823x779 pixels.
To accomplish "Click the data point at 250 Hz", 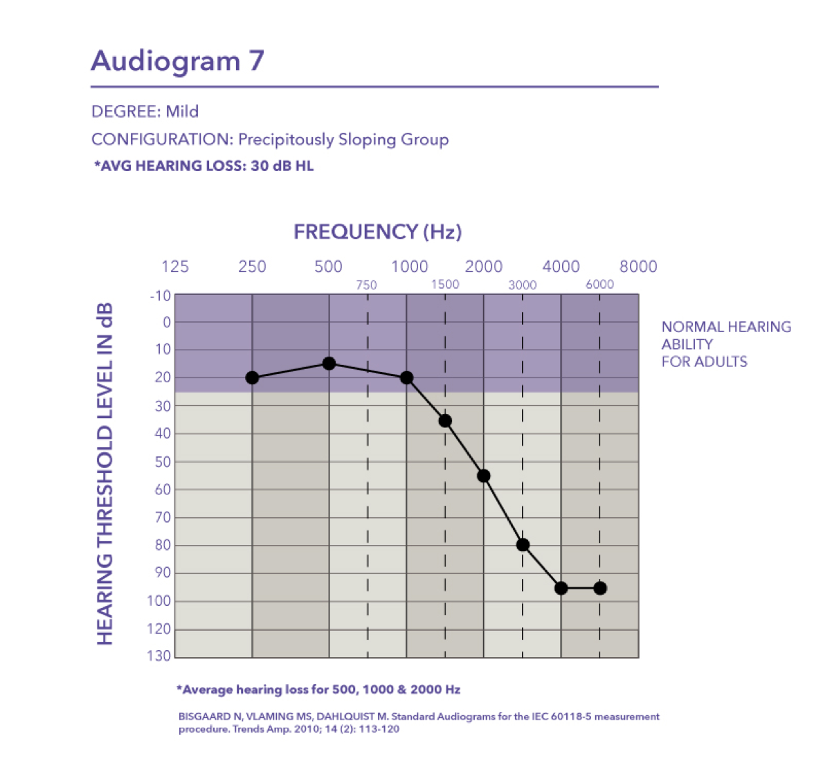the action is click(252, 377).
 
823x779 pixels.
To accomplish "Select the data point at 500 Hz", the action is click(329, 364).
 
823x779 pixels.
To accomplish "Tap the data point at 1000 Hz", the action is click(406, 377).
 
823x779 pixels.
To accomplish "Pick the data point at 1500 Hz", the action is click(445, 420).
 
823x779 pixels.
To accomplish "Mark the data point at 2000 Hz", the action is click(484, 476).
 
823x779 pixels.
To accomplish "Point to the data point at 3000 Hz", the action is click(523, 545).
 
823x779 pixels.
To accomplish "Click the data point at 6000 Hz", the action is click(600, 589).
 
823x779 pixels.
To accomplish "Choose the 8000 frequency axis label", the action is click(638, 267).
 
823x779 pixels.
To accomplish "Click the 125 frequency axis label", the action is click(175, 267).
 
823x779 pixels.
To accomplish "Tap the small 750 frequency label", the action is click(366, 285).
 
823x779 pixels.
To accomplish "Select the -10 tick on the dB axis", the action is click(161, 296).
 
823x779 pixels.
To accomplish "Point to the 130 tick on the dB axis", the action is click(160, 656).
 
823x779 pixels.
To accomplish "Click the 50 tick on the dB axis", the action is click(163, 462).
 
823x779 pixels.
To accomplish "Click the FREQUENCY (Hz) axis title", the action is click(378, 232).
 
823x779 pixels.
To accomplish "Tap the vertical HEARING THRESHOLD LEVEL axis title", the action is click(105, 474).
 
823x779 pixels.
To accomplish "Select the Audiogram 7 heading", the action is click(178, 61).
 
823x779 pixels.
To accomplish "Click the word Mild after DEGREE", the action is click(182, 111).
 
